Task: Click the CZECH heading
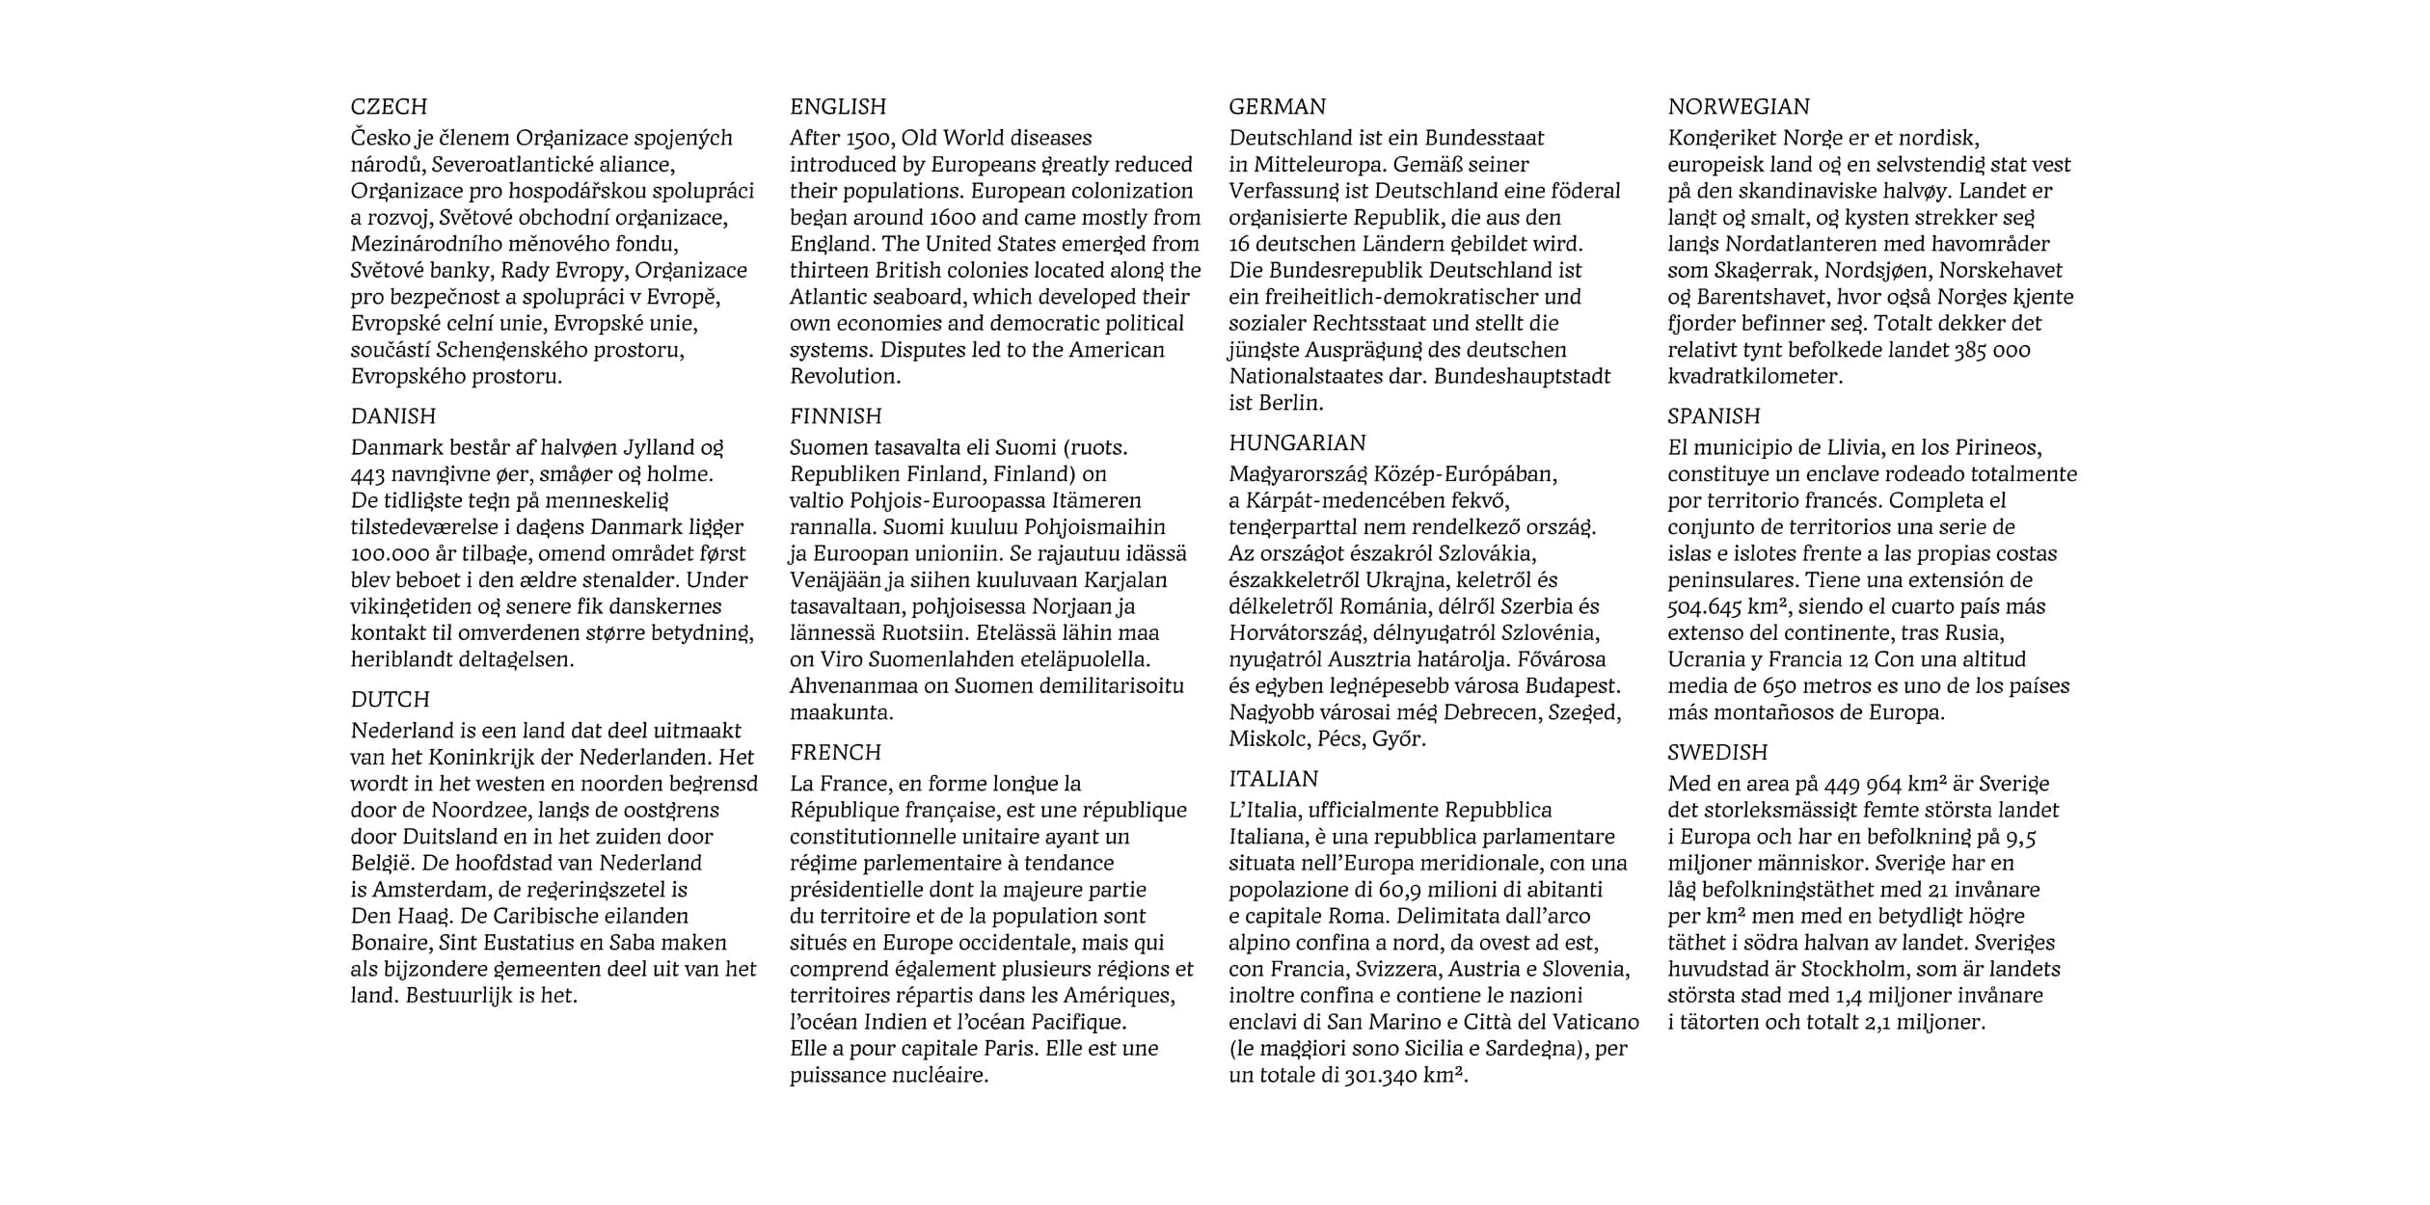point(389,107)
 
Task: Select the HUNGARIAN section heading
point(1297,443)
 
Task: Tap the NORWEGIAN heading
point(1739,107)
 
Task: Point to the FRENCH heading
point(835,753)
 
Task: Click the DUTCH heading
point(390,700)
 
